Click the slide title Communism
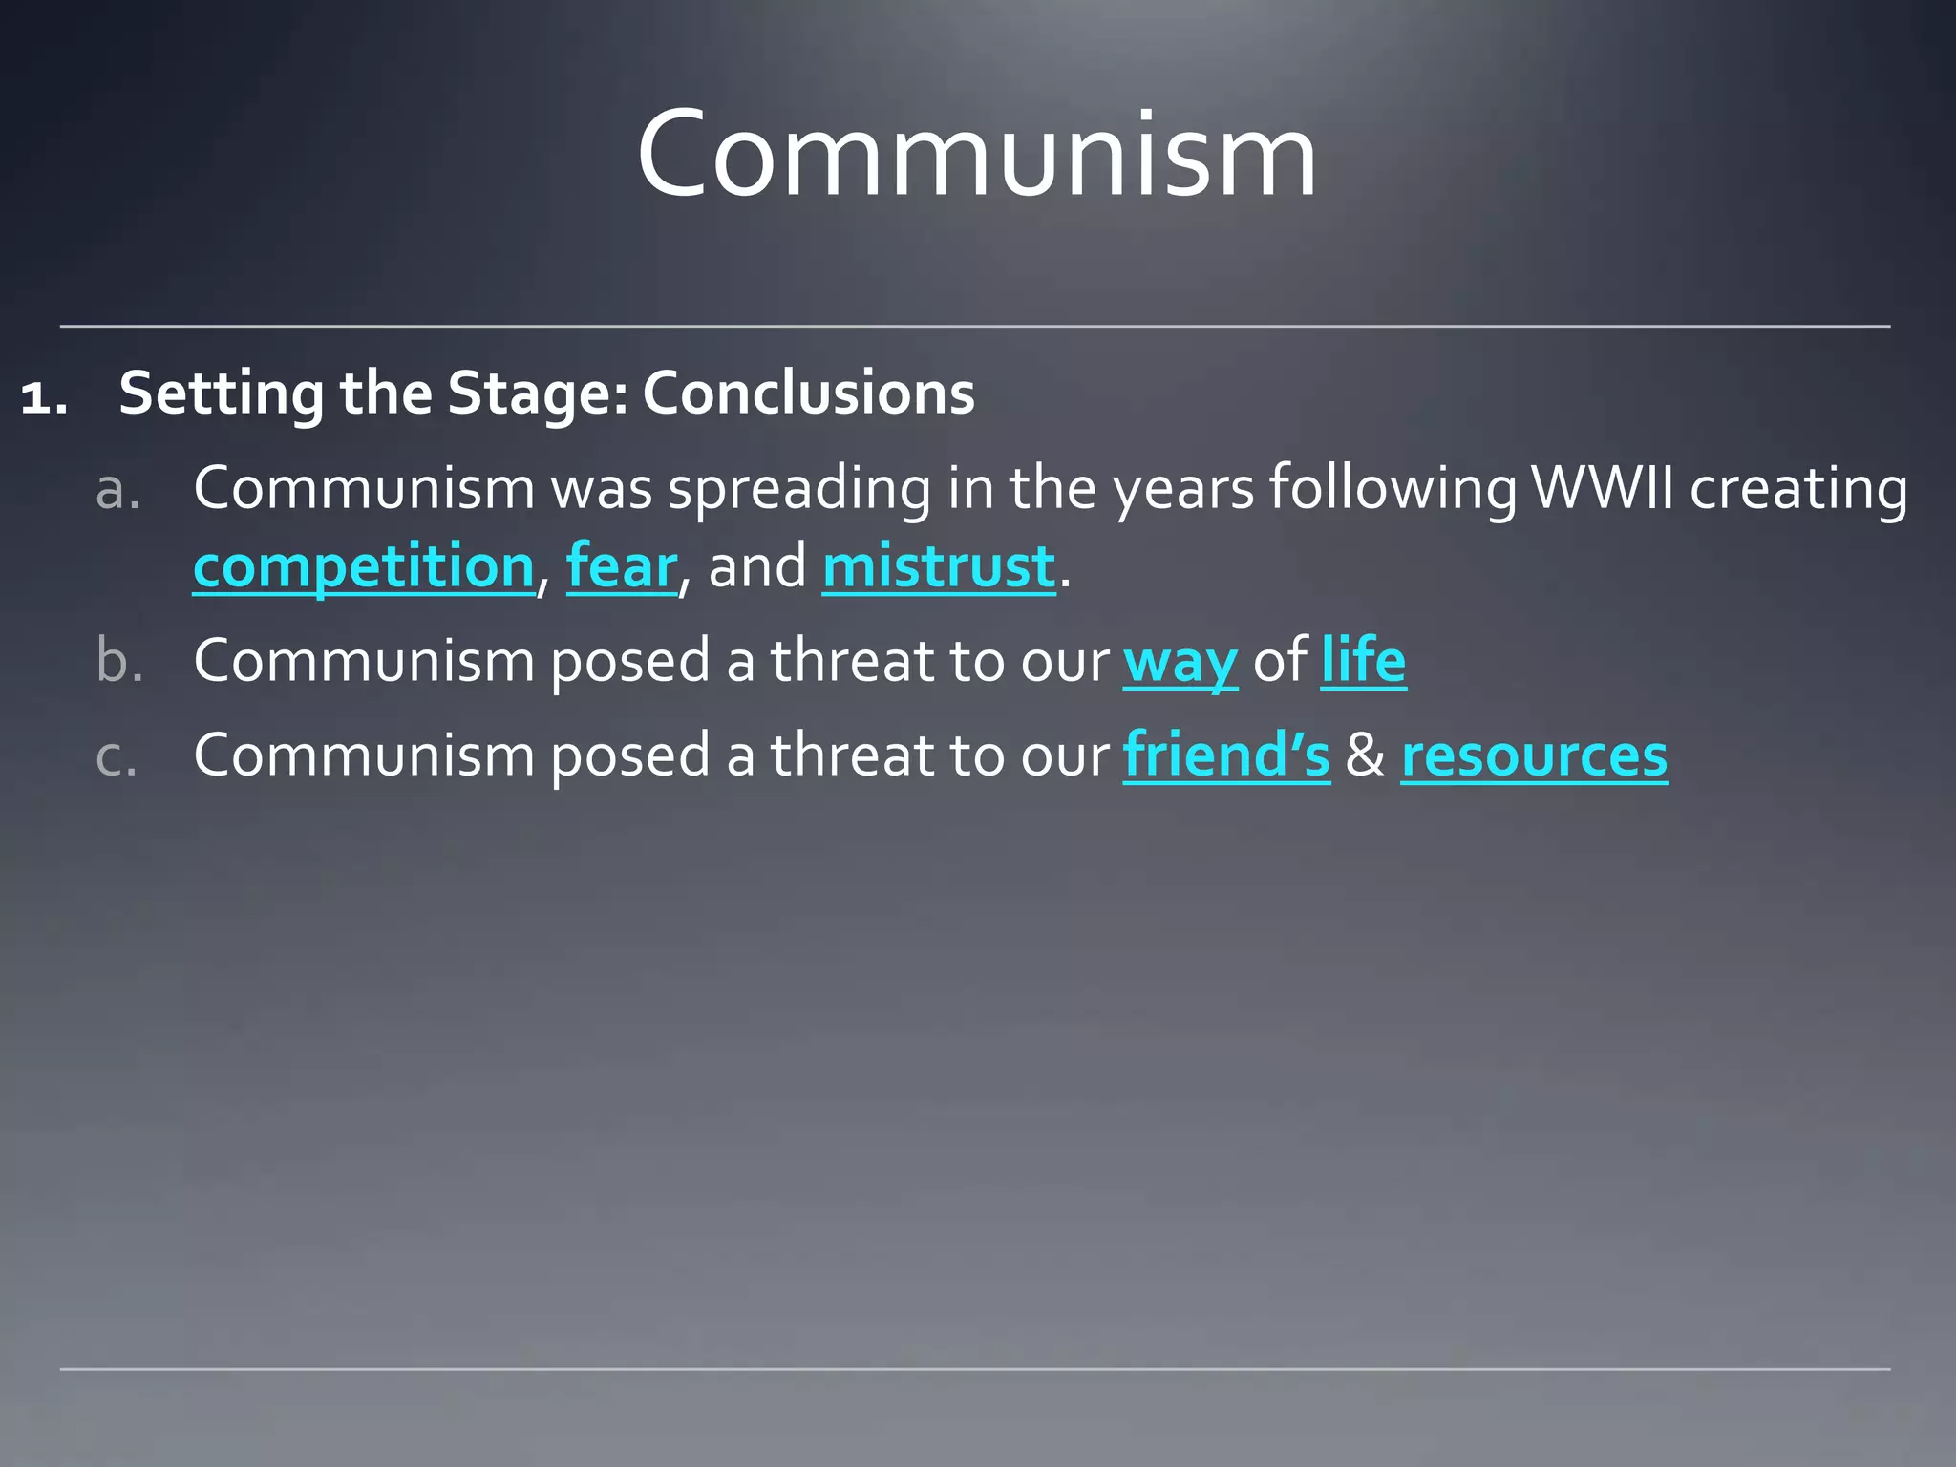pyautogui.click(x=976, y=155)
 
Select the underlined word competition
pyautogui.click(x=364, y=566)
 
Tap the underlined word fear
pyautogui.click(x=622, y=566)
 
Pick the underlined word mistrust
pyautogui.click(x=939, y=566)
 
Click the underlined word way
pyautogui.click(x=1180, y=662)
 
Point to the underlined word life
pyautogui.click(x=1363, y=660)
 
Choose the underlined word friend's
pyautogui.click(x=1226, y=755)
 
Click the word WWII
pyautogui.click(x=1603, y=488)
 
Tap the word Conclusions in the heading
pyautogui.click(x=808, y=393)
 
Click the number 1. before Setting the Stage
pyautogui.click(x=44, y=396)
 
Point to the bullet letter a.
pyautogui.click(x=118, y=490)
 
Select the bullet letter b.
pyautogui.click(x=119, y=660)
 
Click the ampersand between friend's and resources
pyautogui.click(x=1365, y=755)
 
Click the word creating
pyautogui.click(x=1798, y=490)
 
